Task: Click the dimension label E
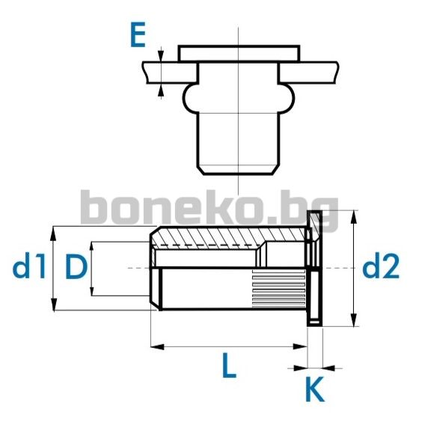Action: (138, 34)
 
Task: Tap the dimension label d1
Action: (29, 266)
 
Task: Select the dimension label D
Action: (76, 266)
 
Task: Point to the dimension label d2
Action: (381, 266)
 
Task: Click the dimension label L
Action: (229, 364)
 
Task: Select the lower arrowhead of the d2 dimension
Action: (354, 319)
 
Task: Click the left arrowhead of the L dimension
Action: (157, 346)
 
